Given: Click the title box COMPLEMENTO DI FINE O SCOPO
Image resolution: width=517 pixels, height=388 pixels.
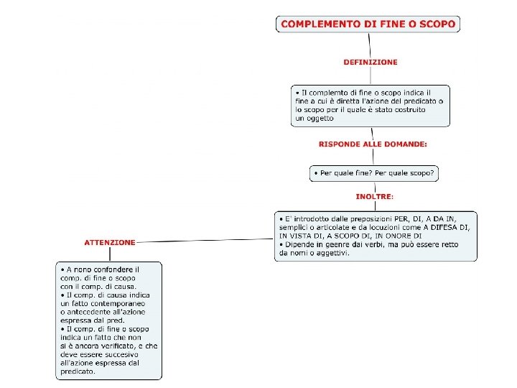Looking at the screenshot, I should [x=368, y=24].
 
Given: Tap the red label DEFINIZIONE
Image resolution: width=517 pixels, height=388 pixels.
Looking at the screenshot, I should [x=370, y=63].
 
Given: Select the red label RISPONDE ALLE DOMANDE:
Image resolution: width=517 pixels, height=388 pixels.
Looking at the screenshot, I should [x=373, y=144].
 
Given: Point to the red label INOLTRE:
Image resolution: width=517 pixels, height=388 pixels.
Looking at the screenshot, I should [x=374, y=195].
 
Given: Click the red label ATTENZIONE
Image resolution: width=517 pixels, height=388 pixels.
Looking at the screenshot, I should [x=109, y=242].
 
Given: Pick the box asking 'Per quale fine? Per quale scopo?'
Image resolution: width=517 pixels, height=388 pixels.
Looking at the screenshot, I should [x=374, y=174].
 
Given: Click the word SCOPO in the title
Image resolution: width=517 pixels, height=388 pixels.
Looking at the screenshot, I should [x=437, y=24].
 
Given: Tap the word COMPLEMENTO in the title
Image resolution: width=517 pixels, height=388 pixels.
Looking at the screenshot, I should [x=321, y=24].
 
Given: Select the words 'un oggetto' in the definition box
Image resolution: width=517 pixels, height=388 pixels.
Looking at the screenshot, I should [x=315, y=119].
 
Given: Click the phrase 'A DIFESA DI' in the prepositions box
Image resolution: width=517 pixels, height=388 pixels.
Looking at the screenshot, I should [x=445, y=227].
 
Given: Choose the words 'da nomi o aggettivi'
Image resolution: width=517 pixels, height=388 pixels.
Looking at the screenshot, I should [x=314, y=253].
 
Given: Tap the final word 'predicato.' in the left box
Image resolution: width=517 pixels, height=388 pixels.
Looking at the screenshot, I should [x=78, y=371].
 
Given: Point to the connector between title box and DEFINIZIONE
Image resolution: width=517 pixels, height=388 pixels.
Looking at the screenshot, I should [x=369, y=45].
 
